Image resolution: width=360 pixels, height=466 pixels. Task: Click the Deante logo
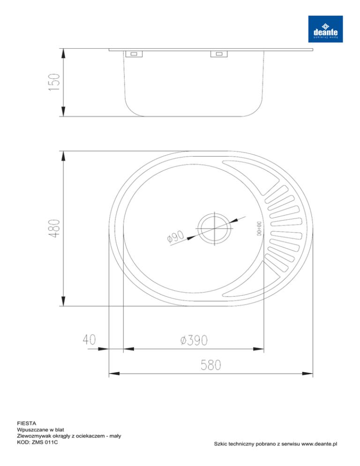pos(325,29)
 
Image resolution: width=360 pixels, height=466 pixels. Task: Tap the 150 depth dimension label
pos(55,82)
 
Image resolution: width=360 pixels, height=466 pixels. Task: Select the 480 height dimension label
pos(54,228)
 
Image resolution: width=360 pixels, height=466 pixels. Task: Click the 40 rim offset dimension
pos(89,339)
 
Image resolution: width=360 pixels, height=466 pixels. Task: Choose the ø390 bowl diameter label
pos(194,340)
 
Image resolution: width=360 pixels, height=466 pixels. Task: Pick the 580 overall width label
pos(211,365)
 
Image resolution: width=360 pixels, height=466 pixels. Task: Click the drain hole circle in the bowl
pos(215,215)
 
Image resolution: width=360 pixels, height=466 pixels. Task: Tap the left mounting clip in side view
pos(134,54)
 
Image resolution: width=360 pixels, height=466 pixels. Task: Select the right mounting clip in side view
pos(219,54)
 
